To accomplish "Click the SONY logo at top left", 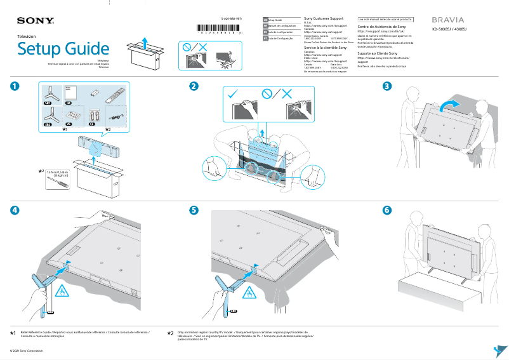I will pyautogui.click(x=36, y=21).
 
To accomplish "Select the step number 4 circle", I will pyautogui.click(x=13, y=210).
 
